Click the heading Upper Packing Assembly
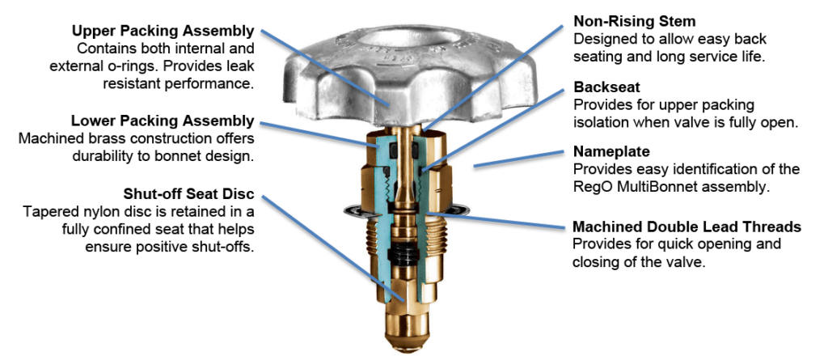click(163, 31)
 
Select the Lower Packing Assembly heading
click(163, 121)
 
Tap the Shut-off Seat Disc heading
click(188, 193)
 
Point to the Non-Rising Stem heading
click(634, 21)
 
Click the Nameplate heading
click(611, 152)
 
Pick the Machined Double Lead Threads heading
click(687, 227)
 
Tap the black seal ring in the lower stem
click(403, 254)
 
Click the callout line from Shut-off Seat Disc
click(333, 248)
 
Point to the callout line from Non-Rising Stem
click(492, 78)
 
